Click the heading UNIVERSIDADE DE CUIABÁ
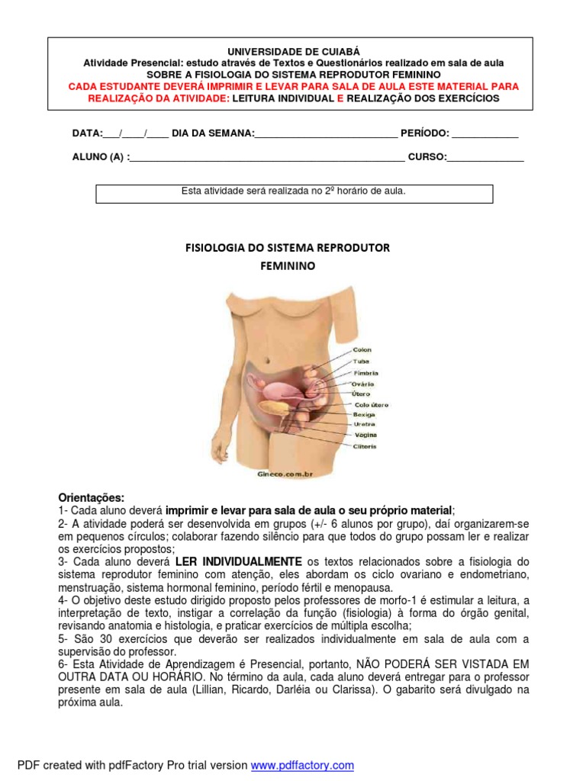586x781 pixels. [x=293, y=50]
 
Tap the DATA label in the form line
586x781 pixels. [x=87, y=133]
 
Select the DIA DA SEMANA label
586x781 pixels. [x=213, y=133]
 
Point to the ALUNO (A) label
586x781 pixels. [x=99, y=158]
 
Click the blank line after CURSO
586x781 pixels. [x=485, y=159]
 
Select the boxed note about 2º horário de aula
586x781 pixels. [x=294, y=191]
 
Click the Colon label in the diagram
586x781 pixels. [x=362, y=350]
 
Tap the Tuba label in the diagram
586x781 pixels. [x=360, y=362]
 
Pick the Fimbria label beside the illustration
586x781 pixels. [x=365, y=373]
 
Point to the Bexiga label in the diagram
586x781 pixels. [x=364, y=414]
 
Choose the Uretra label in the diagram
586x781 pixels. [x=364, y=424]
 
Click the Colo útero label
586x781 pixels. [x=372, y=403]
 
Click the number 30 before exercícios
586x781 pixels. [x=98, y=639]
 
